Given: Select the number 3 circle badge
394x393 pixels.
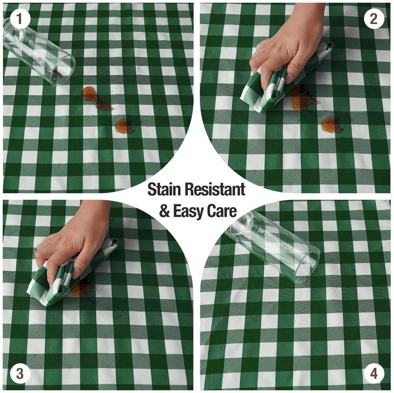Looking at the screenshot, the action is point(20,373).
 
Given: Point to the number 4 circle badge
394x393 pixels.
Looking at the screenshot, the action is point(374,373).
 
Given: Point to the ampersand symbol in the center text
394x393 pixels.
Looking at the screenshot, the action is point(165,211).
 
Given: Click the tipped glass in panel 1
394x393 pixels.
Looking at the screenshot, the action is point(38,52).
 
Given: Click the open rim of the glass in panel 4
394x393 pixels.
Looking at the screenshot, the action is point(307,266).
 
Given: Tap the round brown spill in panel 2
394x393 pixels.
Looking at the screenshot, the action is point(331,124).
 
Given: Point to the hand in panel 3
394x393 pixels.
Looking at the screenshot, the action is point(73,241).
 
